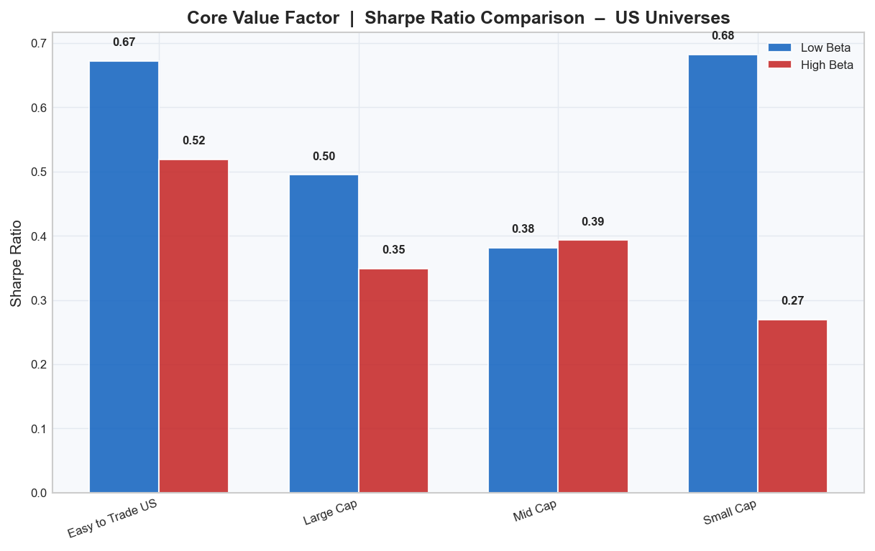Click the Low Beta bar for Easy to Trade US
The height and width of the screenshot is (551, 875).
click(124, 277)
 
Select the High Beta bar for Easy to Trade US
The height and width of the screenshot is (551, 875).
click(193, 326)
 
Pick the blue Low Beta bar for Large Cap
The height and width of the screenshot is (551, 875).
click(324, 333)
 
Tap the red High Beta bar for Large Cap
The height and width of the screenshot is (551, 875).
click(393, 381)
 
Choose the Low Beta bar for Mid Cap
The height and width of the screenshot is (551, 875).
click(523, 370)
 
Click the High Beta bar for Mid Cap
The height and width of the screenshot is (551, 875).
click(593, 366)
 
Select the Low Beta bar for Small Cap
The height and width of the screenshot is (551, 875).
click(723, 274)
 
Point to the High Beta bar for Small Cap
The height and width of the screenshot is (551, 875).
click(792, 406)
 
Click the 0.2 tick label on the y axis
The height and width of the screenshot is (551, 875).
click(37, 365)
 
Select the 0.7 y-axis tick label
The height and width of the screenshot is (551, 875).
click(37, 44)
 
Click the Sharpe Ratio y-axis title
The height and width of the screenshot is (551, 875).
click(16, 264)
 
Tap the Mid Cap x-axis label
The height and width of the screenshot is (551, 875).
click(535, 511)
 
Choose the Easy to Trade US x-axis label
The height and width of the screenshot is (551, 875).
click(112, 519)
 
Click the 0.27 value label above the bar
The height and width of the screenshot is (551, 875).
click(792, 301)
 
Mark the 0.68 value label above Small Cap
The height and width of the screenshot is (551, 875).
click(723, 35)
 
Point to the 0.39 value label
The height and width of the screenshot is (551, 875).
click(593, 221)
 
